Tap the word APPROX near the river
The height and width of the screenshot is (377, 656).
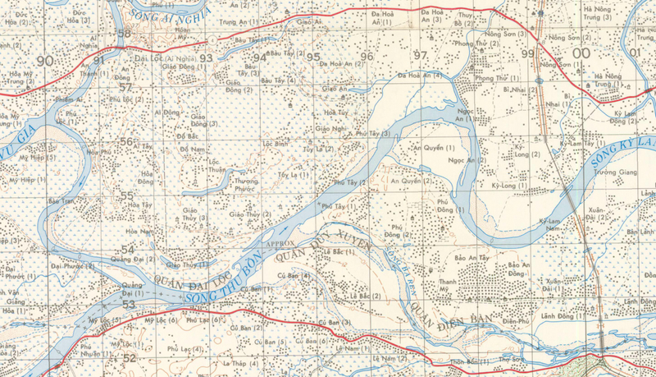[x=280, y=245]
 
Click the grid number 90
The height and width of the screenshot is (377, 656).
[x=44, y=61]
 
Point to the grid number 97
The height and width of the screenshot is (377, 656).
[x=421, y=55]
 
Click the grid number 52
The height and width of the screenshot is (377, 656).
[x=129, y=358]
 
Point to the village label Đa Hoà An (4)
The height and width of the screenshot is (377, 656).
[x=420, y=75]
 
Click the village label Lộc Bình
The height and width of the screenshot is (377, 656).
[x=274, y=143]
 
